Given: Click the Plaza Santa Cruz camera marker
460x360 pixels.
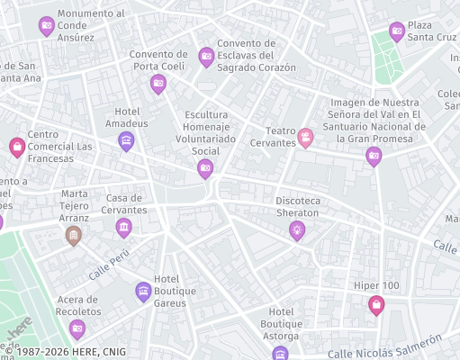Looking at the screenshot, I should click(396, 31).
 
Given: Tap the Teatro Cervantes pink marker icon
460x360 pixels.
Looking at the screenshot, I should click(306, 138).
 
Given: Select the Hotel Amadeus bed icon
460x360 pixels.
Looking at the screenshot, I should click(126, 140).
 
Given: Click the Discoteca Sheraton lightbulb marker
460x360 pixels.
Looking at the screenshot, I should click(296, 230).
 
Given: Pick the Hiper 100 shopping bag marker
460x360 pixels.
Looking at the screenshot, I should click(376, 305).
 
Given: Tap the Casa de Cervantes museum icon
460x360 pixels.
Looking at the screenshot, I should click(123, 229).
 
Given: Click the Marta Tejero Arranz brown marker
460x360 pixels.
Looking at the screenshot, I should click(74, 236).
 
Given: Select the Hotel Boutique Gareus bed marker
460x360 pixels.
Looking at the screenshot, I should click(142, 290).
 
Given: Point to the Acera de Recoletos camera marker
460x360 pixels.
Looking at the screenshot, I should click(77, 328).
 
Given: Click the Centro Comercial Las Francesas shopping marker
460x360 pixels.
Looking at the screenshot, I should click(16, 146).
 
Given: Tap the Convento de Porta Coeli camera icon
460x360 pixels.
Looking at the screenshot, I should click(158, 84).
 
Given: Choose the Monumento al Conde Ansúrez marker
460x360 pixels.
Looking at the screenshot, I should click(47, 26).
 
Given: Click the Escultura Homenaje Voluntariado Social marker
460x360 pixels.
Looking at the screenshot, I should click(205, 168).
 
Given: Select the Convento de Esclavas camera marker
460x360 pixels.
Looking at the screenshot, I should click(206, 57).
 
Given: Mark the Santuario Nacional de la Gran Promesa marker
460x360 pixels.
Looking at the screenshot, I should click(374, 157).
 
